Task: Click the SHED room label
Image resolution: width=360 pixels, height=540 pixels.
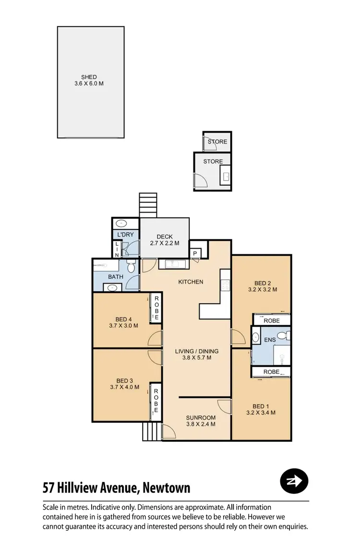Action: [x=89, y=80]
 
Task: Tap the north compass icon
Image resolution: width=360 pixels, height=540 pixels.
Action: [x=294, y=480]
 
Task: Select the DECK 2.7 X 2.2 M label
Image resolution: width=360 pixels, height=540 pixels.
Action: [x=161, y=240]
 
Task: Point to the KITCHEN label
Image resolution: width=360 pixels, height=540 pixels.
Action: [x=191, y=282]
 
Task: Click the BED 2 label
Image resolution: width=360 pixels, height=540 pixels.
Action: [x=262, y=286]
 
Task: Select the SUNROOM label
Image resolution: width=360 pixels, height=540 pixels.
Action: [x=201, y=420]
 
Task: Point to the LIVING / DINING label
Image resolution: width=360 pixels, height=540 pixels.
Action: [x=193, y=354]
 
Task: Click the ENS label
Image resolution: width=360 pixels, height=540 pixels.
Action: [x=270, y=340]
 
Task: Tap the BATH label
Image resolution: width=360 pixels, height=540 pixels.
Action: [x=116, y=277]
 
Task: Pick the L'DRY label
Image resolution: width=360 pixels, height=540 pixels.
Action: [x=125, y=235]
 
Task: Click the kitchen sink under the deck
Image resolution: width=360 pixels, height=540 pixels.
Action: [x=172, y=264]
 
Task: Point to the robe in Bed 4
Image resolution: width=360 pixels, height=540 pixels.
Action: [x=156, y=308]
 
